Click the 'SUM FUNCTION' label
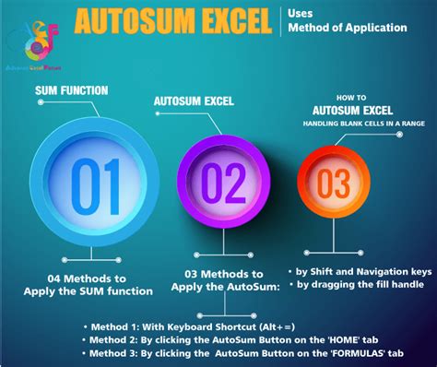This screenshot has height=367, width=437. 72,90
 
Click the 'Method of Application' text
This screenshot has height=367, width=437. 347,28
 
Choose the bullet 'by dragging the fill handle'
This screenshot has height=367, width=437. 360,285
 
